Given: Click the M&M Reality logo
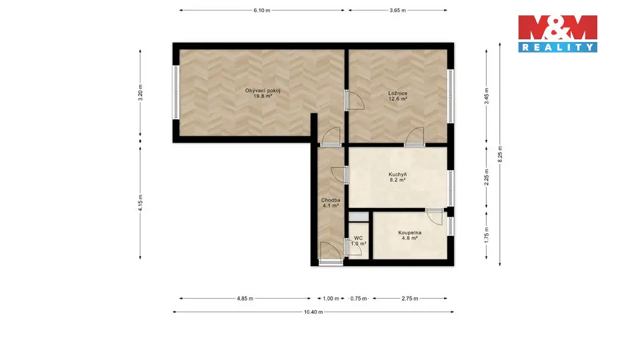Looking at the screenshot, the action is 557,34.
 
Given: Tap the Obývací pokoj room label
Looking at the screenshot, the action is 263,91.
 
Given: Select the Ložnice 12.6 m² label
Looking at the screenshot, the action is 397,96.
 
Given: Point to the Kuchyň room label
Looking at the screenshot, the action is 397,174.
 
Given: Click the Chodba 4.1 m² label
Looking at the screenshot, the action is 331,203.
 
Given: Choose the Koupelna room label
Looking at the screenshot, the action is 410,233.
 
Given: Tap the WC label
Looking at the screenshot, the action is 359,238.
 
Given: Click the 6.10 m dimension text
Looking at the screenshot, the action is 261,10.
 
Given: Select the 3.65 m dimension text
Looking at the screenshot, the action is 397,10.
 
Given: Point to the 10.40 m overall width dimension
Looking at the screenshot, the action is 313,312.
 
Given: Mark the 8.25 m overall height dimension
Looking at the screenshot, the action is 500,154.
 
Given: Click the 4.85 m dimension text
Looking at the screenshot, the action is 245,299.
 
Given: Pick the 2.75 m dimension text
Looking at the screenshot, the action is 410,299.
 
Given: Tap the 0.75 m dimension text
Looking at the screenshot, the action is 359,299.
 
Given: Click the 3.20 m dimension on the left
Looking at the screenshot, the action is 141,93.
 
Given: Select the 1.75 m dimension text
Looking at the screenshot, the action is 487,235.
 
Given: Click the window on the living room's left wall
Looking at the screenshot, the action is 176,93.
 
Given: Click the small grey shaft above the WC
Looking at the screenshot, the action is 359,217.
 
